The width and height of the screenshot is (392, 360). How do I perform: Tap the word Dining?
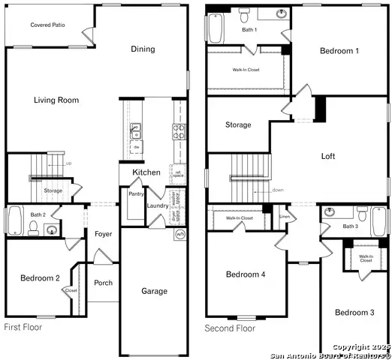[143, 49]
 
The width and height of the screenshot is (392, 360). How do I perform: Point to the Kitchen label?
[146, 172]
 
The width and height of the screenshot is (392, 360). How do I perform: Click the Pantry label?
[136, 193]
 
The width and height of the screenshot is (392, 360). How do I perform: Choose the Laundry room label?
[158, 205]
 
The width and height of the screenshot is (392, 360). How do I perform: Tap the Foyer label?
[104, 234]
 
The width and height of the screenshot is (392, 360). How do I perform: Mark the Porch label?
[104, 283]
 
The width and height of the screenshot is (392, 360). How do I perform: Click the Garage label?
[155, 291]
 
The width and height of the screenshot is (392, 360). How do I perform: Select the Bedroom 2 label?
[40, 278]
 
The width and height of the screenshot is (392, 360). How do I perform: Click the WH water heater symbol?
[180, 235]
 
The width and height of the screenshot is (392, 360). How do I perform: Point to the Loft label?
[328, 157]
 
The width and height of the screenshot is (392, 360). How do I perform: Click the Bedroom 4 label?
[246, 274]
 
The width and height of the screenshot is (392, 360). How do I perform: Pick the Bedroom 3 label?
[354, 312]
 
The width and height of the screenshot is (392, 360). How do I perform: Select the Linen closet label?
[284, 217]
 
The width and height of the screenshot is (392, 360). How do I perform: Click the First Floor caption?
[23, 327]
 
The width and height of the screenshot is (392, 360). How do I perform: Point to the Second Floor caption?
[231, 328]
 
